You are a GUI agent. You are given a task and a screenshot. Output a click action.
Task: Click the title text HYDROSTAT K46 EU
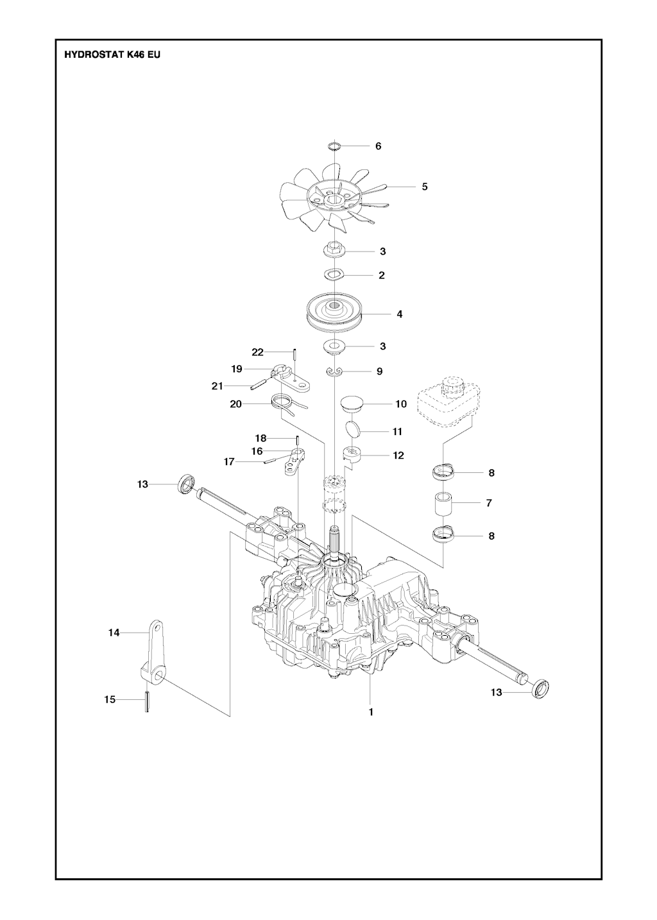pos(112,55)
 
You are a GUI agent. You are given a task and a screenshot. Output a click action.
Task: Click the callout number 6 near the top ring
pos(378,146)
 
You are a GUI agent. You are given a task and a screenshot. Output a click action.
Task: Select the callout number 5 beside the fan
pos(425,187)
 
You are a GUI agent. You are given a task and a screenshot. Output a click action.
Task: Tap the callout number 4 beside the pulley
pos(400,314)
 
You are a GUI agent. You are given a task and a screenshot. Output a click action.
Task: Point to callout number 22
pos(257,352)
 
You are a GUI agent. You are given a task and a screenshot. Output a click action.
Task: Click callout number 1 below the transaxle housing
pos(371,712)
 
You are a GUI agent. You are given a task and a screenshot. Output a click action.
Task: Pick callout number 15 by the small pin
pos(110,699)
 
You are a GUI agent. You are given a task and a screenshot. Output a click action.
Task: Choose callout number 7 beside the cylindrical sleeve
pos(489,503)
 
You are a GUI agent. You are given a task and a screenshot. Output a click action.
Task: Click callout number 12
pos(398,456)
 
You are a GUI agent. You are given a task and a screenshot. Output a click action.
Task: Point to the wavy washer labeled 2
pos(334,275)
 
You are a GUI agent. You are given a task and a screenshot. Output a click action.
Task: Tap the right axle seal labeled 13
pos(540,686)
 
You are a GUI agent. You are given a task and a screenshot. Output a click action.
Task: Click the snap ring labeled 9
pos(334,371)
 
